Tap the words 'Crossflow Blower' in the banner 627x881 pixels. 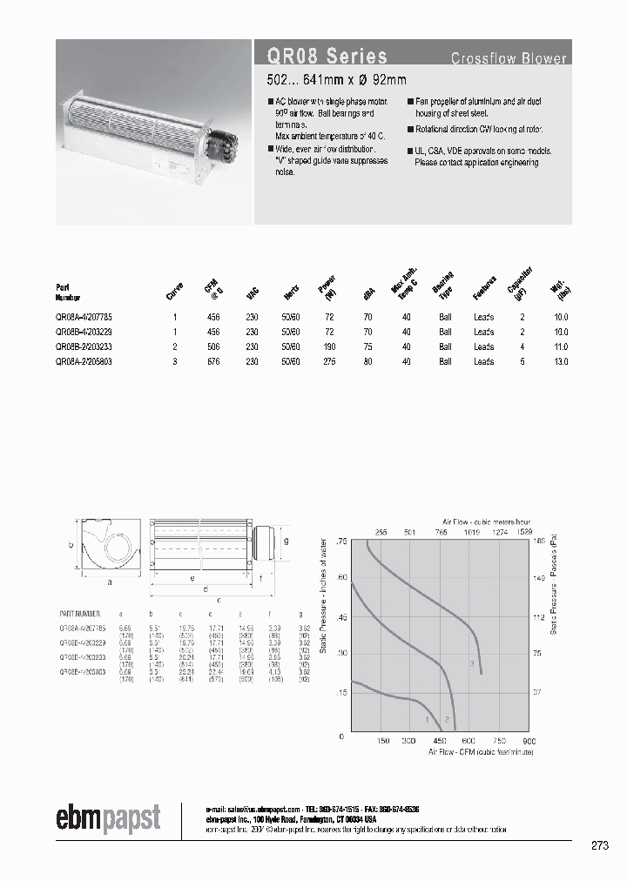pyautogui.click(x=509, y=59)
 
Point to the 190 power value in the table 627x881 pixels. pyautogui.click(x=329, y=346)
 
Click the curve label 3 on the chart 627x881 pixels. pyautogui.click(x=472, y=665)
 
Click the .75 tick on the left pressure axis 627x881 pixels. pyautogui.click(x=341, y=541)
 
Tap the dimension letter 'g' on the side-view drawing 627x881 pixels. pyautogui.click(x=287, y=539)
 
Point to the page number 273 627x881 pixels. pyautogui.click(x=599, y=845)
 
